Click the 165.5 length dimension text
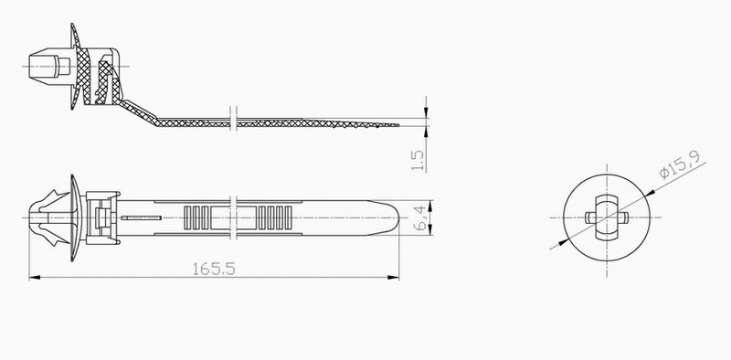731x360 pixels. (x=214, y=269)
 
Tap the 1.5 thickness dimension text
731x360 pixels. (x=418, y=160)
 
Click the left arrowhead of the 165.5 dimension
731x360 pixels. (x=35, y=278)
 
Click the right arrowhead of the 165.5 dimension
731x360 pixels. (x=393, y=278)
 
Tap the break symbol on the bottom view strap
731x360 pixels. (x=234, y=217)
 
